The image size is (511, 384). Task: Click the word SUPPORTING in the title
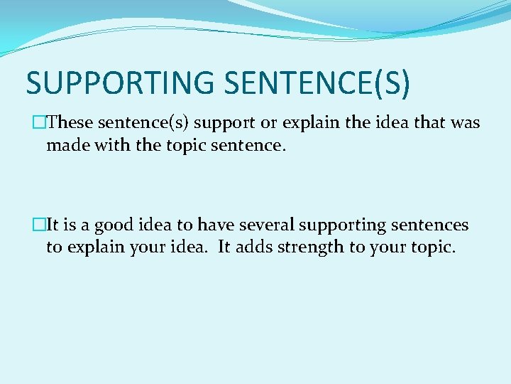(120, 82)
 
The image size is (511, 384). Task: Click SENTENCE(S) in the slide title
(317, 82)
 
